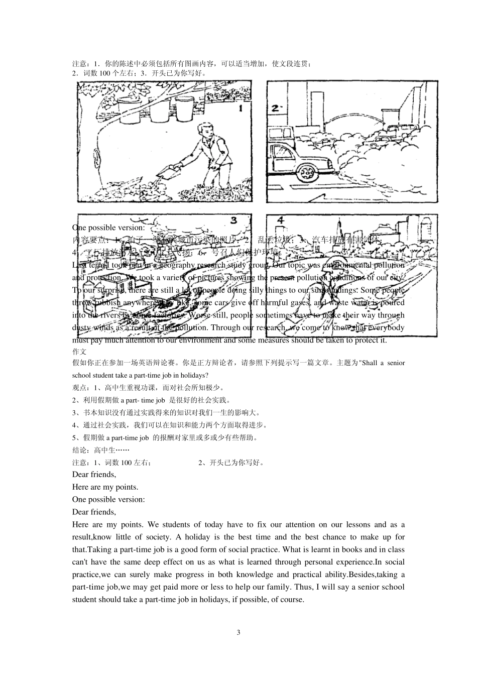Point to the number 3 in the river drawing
point(233,220)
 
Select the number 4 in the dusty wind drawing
point(281,220)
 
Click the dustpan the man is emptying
point(168,172)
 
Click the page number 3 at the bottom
point(238,632)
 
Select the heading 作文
point(79,352)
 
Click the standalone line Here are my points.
point(105,487)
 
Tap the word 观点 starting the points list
point(79,388)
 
